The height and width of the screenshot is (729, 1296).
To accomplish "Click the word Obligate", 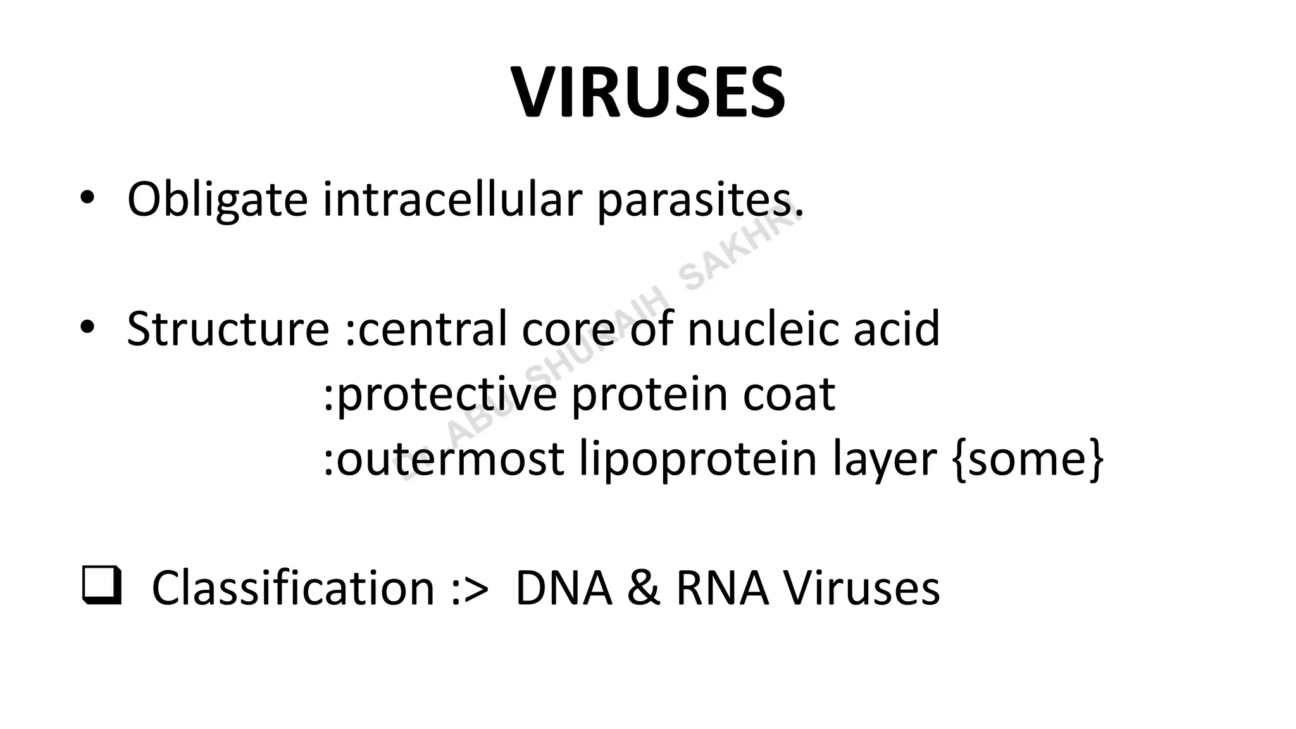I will point(217,200).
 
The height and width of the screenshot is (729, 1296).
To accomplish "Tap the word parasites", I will point(699,200).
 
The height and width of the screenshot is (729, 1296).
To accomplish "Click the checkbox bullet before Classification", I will point(101,587).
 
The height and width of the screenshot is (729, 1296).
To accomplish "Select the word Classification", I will point(293,587).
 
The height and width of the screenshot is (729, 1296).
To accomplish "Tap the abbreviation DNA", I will point(564,587).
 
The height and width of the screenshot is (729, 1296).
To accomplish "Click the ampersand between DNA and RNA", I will point(644,587).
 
